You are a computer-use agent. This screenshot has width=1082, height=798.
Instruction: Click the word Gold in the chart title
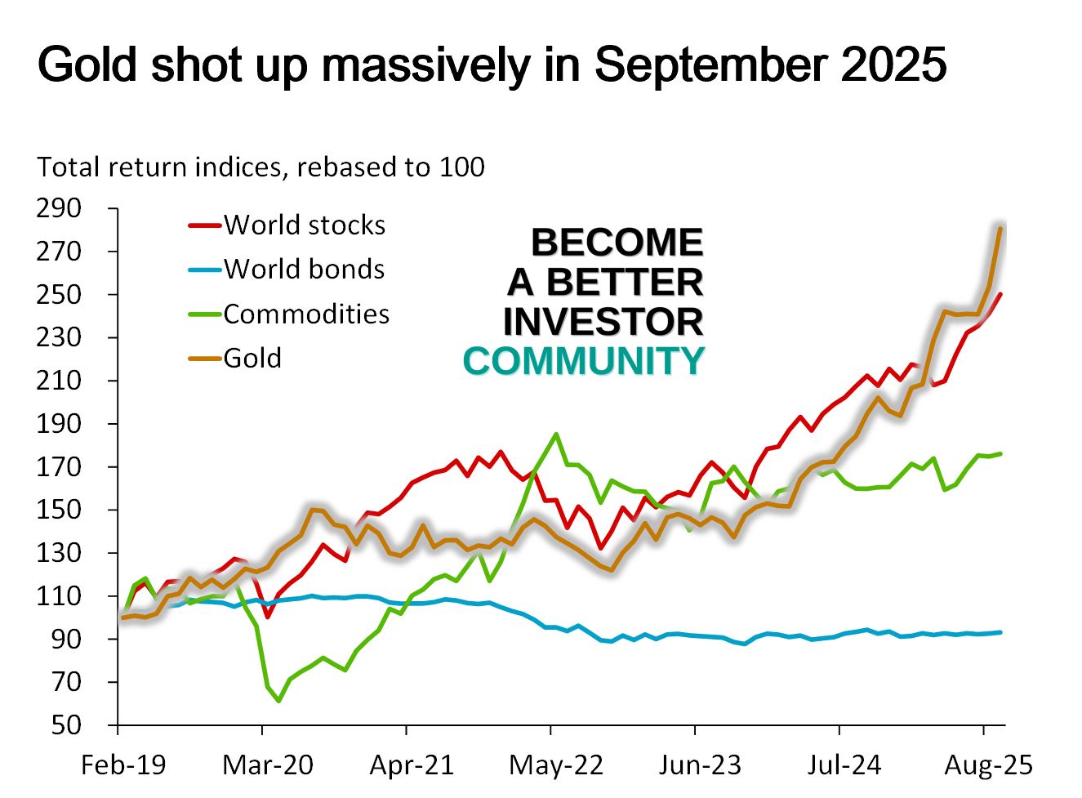[87, 65]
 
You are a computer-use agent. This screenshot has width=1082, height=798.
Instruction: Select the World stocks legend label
[304, 225]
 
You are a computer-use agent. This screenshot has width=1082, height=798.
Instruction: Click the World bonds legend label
[304, 269]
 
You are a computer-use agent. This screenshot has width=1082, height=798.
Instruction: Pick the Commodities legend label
[306, 314]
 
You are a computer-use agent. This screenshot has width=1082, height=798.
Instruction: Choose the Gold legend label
[252, 358]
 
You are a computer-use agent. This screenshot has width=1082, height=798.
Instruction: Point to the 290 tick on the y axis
[59, 208]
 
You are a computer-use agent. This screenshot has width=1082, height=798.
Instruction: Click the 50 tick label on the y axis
[66, 724]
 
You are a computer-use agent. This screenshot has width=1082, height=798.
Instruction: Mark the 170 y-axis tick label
[59, 466]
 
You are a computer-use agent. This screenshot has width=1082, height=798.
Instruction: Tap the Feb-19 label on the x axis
[122, 765]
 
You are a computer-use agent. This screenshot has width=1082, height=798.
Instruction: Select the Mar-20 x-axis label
[267, 765]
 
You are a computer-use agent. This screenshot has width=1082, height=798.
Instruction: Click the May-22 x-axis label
[556, 765]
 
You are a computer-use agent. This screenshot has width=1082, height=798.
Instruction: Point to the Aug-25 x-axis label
[988, 765]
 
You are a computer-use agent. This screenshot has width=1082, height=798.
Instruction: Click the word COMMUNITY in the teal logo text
[583, 361]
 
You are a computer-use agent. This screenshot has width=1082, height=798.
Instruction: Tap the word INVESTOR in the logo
[603, 321]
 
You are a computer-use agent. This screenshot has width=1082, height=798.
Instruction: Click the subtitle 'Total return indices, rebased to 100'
[260, 167]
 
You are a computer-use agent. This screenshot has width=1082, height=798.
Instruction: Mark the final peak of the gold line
[1000, 228]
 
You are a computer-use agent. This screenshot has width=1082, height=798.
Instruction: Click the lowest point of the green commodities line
[278, 701]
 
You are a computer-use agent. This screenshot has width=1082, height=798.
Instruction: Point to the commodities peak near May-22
[556, 434]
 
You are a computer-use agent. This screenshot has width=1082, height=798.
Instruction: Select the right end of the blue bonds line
[1000, 632]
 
